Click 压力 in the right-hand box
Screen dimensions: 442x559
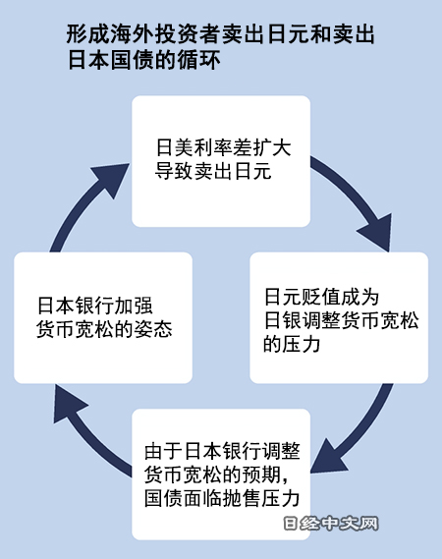[x=302, y=344]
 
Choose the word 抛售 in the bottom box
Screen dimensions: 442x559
[x=243, y=498]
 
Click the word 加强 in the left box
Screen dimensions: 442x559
[x=134, y=306]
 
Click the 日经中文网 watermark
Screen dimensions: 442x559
[x=331, y=524]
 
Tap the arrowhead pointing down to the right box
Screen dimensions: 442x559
[x=377, y=233]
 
